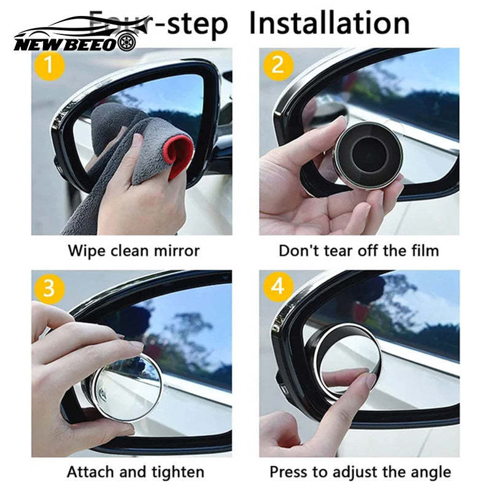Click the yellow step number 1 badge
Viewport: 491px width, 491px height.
click(x=51, y=65)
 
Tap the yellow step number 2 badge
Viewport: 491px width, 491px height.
click(x=278, y=65)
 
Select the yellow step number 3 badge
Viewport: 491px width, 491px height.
click(x=51, y=287)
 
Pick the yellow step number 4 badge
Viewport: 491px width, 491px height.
click(x=278, y=287)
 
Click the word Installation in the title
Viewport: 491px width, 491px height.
click(x=330, y=23)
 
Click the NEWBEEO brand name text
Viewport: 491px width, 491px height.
click(x=64, y=44)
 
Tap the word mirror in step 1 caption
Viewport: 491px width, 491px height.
click(x=177, y=250)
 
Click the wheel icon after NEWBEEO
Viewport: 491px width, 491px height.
click(x=126, y=44)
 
